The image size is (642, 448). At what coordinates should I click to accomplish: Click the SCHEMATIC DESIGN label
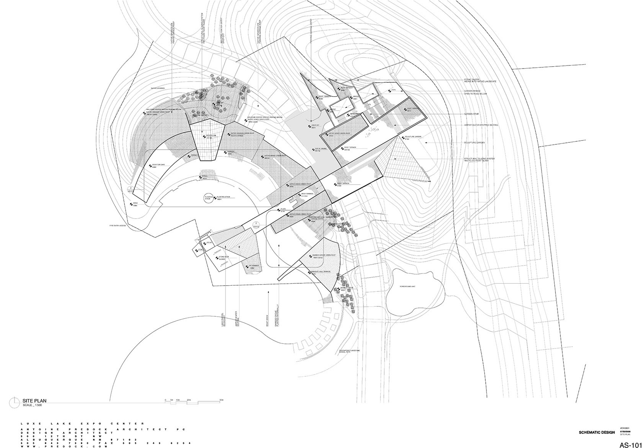tap(597, 432)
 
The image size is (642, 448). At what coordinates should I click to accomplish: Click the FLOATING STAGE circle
tap(208, 198)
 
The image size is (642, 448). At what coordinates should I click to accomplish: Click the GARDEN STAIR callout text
tap(472, 114)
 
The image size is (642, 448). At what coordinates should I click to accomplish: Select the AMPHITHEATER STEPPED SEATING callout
tap(481, 125)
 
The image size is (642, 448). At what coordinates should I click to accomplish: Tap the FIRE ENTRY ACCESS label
tap(118, 226)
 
